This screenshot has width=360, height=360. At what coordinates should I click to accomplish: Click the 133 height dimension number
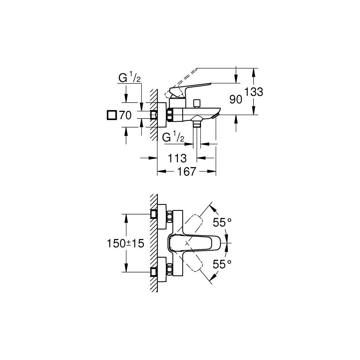253,92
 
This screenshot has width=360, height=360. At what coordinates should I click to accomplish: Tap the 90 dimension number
235,99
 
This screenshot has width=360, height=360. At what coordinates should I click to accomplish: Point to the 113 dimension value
177,158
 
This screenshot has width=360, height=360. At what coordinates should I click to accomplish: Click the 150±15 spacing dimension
125,243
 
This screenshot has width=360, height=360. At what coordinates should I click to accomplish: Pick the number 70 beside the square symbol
125,115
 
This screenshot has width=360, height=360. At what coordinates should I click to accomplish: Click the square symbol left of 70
112,115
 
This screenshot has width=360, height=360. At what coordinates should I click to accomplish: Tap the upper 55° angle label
222,223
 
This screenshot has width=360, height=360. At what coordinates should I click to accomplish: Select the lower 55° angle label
222,264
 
